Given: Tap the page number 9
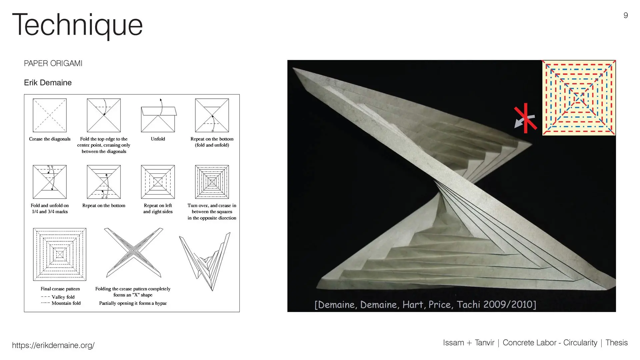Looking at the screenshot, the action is click(626, 15).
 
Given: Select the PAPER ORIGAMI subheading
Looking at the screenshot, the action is click(53, 63).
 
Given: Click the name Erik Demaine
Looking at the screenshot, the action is click(48, 83).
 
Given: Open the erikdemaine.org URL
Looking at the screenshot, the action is click(53, 345).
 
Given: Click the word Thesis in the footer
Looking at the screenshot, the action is click(616, 343).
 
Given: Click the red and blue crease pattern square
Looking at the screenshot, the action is click(579, 98).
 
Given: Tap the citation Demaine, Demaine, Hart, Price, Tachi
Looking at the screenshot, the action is click(425, 304).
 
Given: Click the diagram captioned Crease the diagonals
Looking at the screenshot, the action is click(50, 115).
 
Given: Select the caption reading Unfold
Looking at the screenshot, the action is click(158, 139).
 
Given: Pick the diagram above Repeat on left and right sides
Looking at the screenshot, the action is click(158, 182).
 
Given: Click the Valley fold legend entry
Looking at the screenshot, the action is click(58, 297).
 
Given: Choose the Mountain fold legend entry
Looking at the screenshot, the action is click(61, 303).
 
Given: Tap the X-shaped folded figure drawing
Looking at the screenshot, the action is click(133, 253).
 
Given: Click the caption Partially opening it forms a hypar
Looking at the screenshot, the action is click(133, 303).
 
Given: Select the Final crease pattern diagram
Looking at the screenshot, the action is click(60, 254).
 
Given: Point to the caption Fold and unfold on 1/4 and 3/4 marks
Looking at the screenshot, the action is click(50, 209).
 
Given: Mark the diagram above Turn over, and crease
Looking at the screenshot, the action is click(212, 182).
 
